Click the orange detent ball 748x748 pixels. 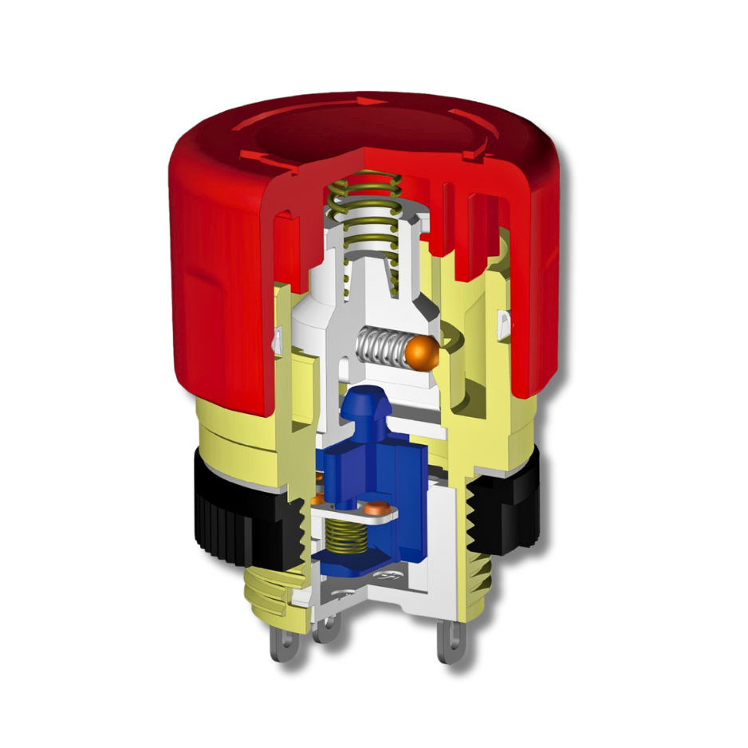click(421, 352)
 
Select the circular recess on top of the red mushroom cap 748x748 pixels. click(367, 132)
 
